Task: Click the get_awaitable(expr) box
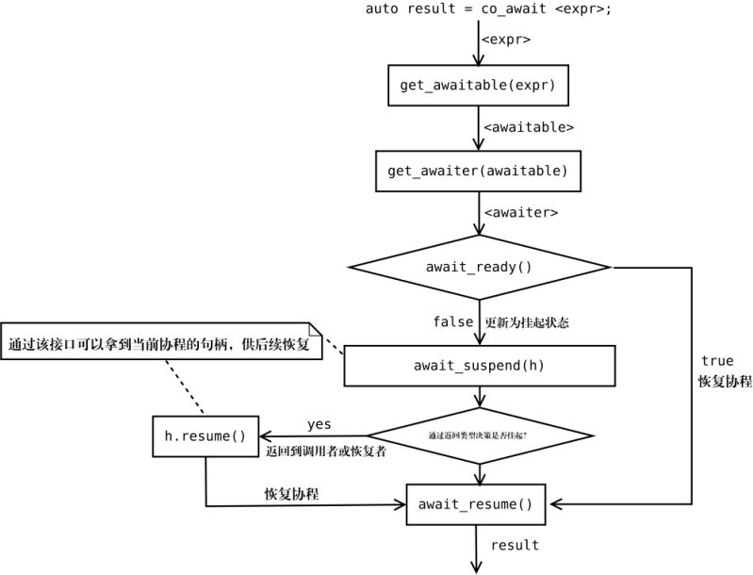click(x=478, y=85)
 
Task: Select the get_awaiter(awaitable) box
click(x=478, y=171)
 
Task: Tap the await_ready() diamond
click(x=478, y=267)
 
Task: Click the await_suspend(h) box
click(x=478, y=365)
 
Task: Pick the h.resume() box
click(x=205, y=435)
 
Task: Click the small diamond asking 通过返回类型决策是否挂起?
click(x=480, y=435)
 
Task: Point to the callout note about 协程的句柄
click(x=160, y=344)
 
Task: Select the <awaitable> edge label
click(x=528, y=126)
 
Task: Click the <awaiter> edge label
click(x=519, y=212)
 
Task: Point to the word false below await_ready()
click(x=452, y=322)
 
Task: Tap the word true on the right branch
click(x=716, y=361)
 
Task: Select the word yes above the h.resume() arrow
click(x=319, y=424)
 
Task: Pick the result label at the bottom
click(x=515, y=545)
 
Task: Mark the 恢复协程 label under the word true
click(x=724, y=382)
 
